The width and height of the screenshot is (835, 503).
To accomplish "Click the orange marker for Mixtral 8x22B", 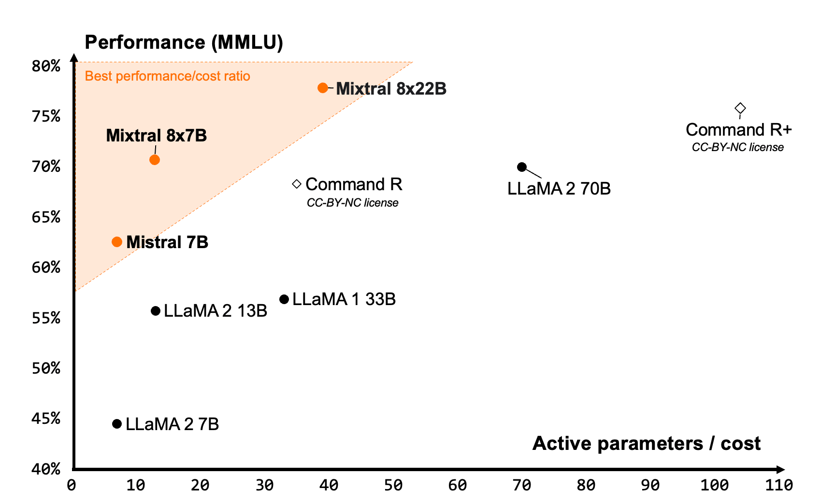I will (323, 88).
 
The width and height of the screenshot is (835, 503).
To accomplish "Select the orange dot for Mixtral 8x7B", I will (155, 160).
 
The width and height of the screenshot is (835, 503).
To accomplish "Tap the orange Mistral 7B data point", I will (117, 242).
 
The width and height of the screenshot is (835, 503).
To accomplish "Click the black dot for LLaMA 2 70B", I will (522, 167).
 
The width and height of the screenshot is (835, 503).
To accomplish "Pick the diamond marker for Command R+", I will (740, 108).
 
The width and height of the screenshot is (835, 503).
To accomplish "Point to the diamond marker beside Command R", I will (297, 184).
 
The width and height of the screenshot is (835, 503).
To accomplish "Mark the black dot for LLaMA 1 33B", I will (284, 299).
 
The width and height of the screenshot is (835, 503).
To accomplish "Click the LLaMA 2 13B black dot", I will (156, 311).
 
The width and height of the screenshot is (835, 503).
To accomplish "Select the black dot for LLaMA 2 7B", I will (117, 424).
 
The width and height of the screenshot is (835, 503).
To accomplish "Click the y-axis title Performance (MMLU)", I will (184, 42).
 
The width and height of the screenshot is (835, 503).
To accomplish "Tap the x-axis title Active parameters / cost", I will (646, 443).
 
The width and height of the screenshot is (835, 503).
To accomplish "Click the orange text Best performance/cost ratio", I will (167, 76).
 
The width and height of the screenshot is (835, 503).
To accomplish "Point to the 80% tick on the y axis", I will (46, 66).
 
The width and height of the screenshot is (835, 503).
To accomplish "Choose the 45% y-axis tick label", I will (46, 418).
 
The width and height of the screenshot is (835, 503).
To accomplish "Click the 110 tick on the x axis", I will (778, 485).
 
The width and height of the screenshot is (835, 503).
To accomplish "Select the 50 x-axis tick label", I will (393, 485).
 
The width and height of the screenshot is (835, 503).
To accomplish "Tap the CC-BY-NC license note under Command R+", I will (737, 147).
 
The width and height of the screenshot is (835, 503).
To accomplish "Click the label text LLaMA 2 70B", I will (559, 189).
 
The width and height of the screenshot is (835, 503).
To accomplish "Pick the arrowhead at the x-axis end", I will (780, 469).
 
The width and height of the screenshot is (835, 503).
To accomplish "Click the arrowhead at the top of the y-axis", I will (74, 58).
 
